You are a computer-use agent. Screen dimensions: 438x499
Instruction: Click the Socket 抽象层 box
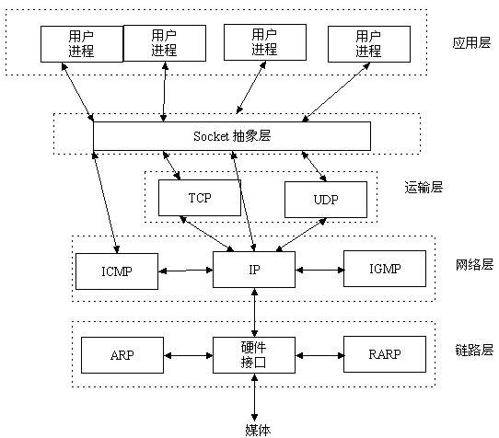232,135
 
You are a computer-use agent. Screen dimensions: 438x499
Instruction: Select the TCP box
200,198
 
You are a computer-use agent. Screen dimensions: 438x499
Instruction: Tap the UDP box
325,198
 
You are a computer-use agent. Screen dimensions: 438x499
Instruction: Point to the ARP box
122,354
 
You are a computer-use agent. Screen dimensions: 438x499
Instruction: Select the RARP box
385,354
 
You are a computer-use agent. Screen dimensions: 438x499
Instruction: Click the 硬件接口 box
253,354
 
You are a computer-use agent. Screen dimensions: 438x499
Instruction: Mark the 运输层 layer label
424,188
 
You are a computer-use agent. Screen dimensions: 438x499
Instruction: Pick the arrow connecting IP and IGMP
319,270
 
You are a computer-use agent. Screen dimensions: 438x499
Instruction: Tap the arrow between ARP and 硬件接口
188,354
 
